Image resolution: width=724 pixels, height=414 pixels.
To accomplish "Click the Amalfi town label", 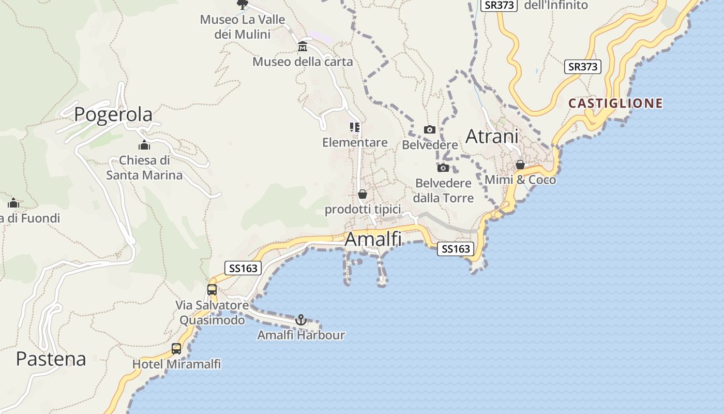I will click(372, 239).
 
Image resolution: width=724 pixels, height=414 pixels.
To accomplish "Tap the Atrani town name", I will click(492, 137).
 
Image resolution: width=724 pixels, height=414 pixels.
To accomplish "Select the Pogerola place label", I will click(113, 114).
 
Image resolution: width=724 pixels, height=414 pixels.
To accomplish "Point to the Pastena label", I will click(51, 359).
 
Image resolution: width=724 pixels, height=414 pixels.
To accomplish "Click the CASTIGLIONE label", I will click(615, 103).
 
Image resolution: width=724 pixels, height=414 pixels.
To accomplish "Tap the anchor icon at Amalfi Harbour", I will click(301, 320).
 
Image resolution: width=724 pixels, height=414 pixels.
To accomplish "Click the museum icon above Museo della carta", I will click(303, 48).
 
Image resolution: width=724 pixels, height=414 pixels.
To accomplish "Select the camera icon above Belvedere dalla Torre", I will click(443, 168).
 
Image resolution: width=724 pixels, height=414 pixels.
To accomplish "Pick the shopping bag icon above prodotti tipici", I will click(363, 194).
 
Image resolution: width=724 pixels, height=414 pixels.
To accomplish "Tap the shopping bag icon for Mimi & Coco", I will click(520, 165).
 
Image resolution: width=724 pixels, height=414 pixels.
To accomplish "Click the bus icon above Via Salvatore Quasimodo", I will click(212, 290).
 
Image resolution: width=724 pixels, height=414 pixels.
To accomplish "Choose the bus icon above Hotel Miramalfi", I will click(176, 349).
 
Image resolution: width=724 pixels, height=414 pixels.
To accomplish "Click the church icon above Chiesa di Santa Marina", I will click(144, 145).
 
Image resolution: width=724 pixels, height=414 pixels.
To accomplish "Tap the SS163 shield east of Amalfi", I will click(455, 249).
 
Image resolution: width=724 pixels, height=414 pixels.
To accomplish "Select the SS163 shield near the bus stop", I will click(243, 268).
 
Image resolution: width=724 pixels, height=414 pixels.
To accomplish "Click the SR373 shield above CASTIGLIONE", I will click(583, 66).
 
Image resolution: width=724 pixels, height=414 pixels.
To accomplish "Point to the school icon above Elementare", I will click(355, 127).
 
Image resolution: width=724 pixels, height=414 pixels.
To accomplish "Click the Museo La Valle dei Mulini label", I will click(243, 27).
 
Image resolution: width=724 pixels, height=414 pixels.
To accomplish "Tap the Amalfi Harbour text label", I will click(301, 335).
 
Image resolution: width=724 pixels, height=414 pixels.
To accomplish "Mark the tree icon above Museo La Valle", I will click(242, 5).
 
